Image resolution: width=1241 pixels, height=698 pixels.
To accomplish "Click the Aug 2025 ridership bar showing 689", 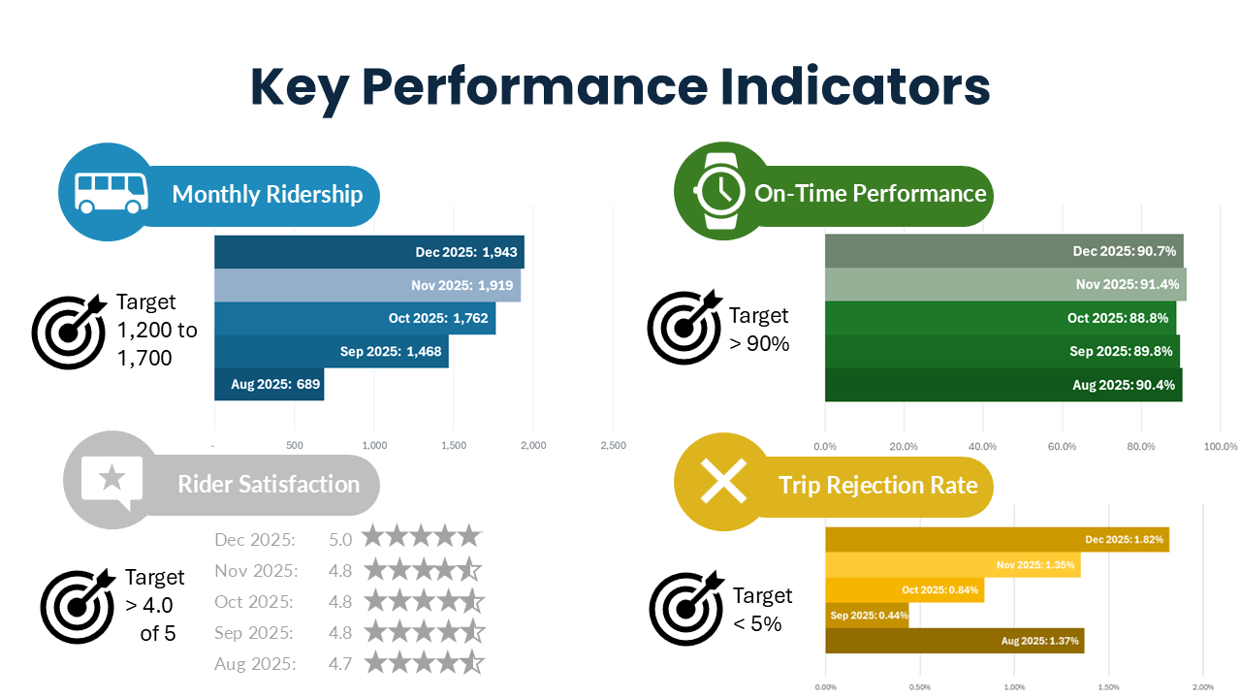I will click(x=270, y=384).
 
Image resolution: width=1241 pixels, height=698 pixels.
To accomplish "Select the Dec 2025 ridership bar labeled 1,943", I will click(x=368, y=252).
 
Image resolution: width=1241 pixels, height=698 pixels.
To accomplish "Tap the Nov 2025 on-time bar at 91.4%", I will click(x=1005, y=284).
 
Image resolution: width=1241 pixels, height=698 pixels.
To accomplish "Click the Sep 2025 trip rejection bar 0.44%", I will click(x=867, y=615).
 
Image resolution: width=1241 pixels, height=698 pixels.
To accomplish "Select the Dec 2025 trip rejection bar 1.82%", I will click(x=997, y=539).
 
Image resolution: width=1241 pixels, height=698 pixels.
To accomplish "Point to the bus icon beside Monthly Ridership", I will click(x=111, y=192).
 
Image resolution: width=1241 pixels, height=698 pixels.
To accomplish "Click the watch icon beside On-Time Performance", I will click(x=718, y=191).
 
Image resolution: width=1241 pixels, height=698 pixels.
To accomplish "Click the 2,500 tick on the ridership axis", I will click(x=613, y=446).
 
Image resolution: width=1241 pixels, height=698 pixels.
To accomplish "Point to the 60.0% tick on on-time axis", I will click(x=1063, y=447).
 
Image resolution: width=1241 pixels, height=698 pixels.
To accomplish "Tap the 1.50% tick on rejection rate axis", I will click(x=1109, y=687).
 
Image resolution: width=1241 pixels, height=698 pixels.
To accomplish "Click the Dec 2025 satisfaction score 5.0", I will click(x=340, y=539).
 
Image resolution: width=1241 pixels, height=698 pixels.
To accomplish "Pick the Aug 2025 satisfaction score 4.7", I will click(x=340, y=664).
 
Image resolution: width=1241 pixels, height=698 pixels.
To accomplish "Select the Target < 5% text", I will click(x=762, y=609).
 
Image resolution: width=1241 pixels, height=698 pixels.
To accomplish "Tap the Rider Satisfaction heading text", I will click(x=269, y=484).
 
